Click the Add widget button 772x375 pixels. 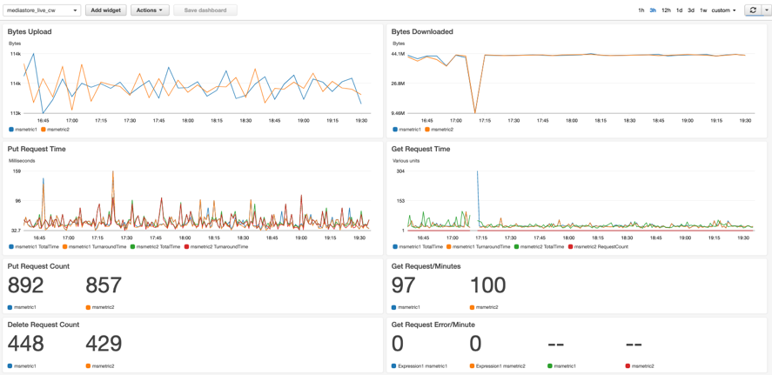coord(105,10)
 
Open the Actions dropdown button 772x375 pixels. coord(150,10)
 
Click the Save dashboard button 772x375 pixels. coord(205,10)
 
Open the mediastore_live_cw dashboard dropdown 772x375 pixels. coord(42,10)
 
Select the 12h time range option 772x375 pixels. coord(666,10)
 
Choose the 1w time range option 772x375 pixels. coord(703,10)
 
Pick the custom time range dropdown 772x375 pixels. coord(723,10)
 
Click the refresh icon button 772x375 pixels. coord(752,10)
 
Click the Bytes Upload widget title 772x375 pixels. coord(30,31)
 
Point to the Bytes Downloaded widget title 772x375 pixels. coord(422,31)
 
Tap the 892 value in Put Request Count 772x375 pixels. coord(26,285)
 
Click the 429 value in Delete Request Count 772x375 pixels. coord(104,344)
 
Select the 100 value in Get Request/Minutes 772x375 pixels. coord(487,285)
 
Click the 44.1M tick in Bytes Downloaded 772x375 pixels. coord(398,54)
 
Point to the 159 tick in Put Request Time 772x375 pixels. coord(16,171)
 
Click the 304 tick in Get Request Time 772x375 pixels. coord(399,171)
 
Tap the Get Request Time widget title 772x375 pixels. coord(420,149)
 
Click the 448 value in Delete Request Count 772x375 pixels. coord(26,344)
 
